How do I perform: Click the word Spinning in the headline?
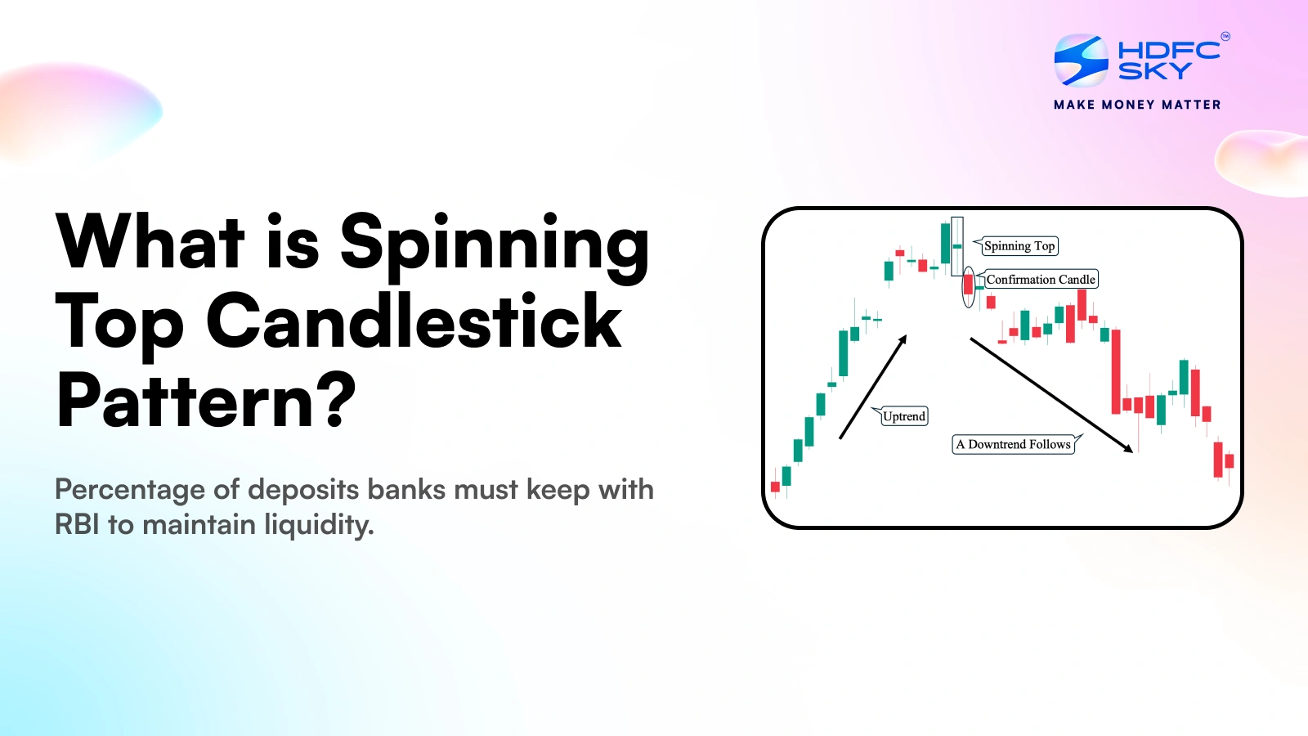[495, 243]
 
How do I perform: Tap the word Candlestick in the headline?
[414, 321]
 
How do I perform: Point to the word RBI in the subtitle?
[77, 524]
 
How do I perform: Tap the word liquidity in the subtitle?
[319, 525]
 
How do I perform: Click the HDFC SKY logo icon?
[1081, 60]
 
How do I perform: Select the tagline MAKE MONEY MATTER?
[1137, 105]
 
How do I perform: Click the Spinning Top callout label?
[1019, 246]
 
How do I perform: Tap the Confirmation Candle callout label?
[1040, 280]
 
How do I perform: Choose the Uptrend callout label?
[904, 416]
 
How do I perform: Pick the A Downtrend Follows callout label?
[1013, 444]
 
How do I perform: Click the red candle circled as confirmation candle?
[969, 285]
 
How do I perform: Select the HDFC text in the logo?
[1168, 50]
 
